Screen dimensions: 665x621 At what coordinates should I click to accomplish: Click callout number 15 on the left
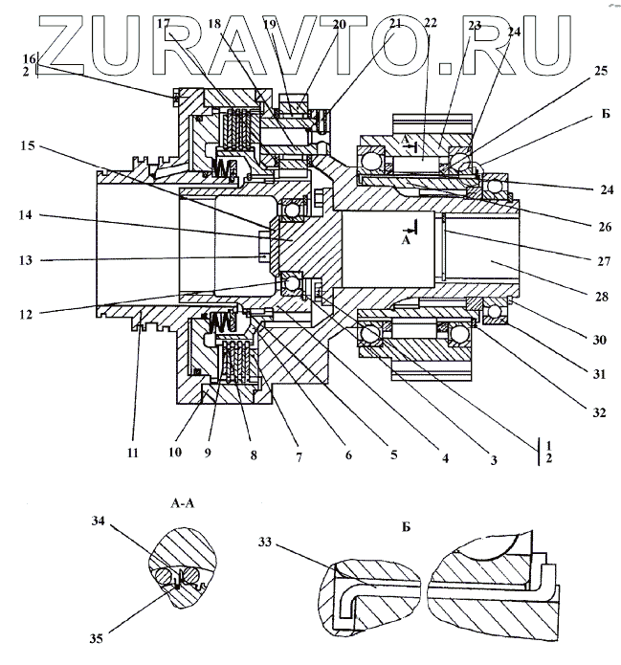tap(28, 146)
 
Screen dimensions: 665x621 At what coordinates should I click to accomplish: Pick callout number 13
tap(28, 258)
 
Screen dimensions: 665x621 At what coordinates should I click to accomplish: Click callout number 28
tap(601, 298)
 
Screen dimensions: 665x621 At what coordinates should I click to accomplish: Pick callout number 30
tap(601, 339)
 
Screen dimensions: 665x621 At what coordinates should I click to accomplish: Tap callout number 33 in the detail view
tap(264, 543)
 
